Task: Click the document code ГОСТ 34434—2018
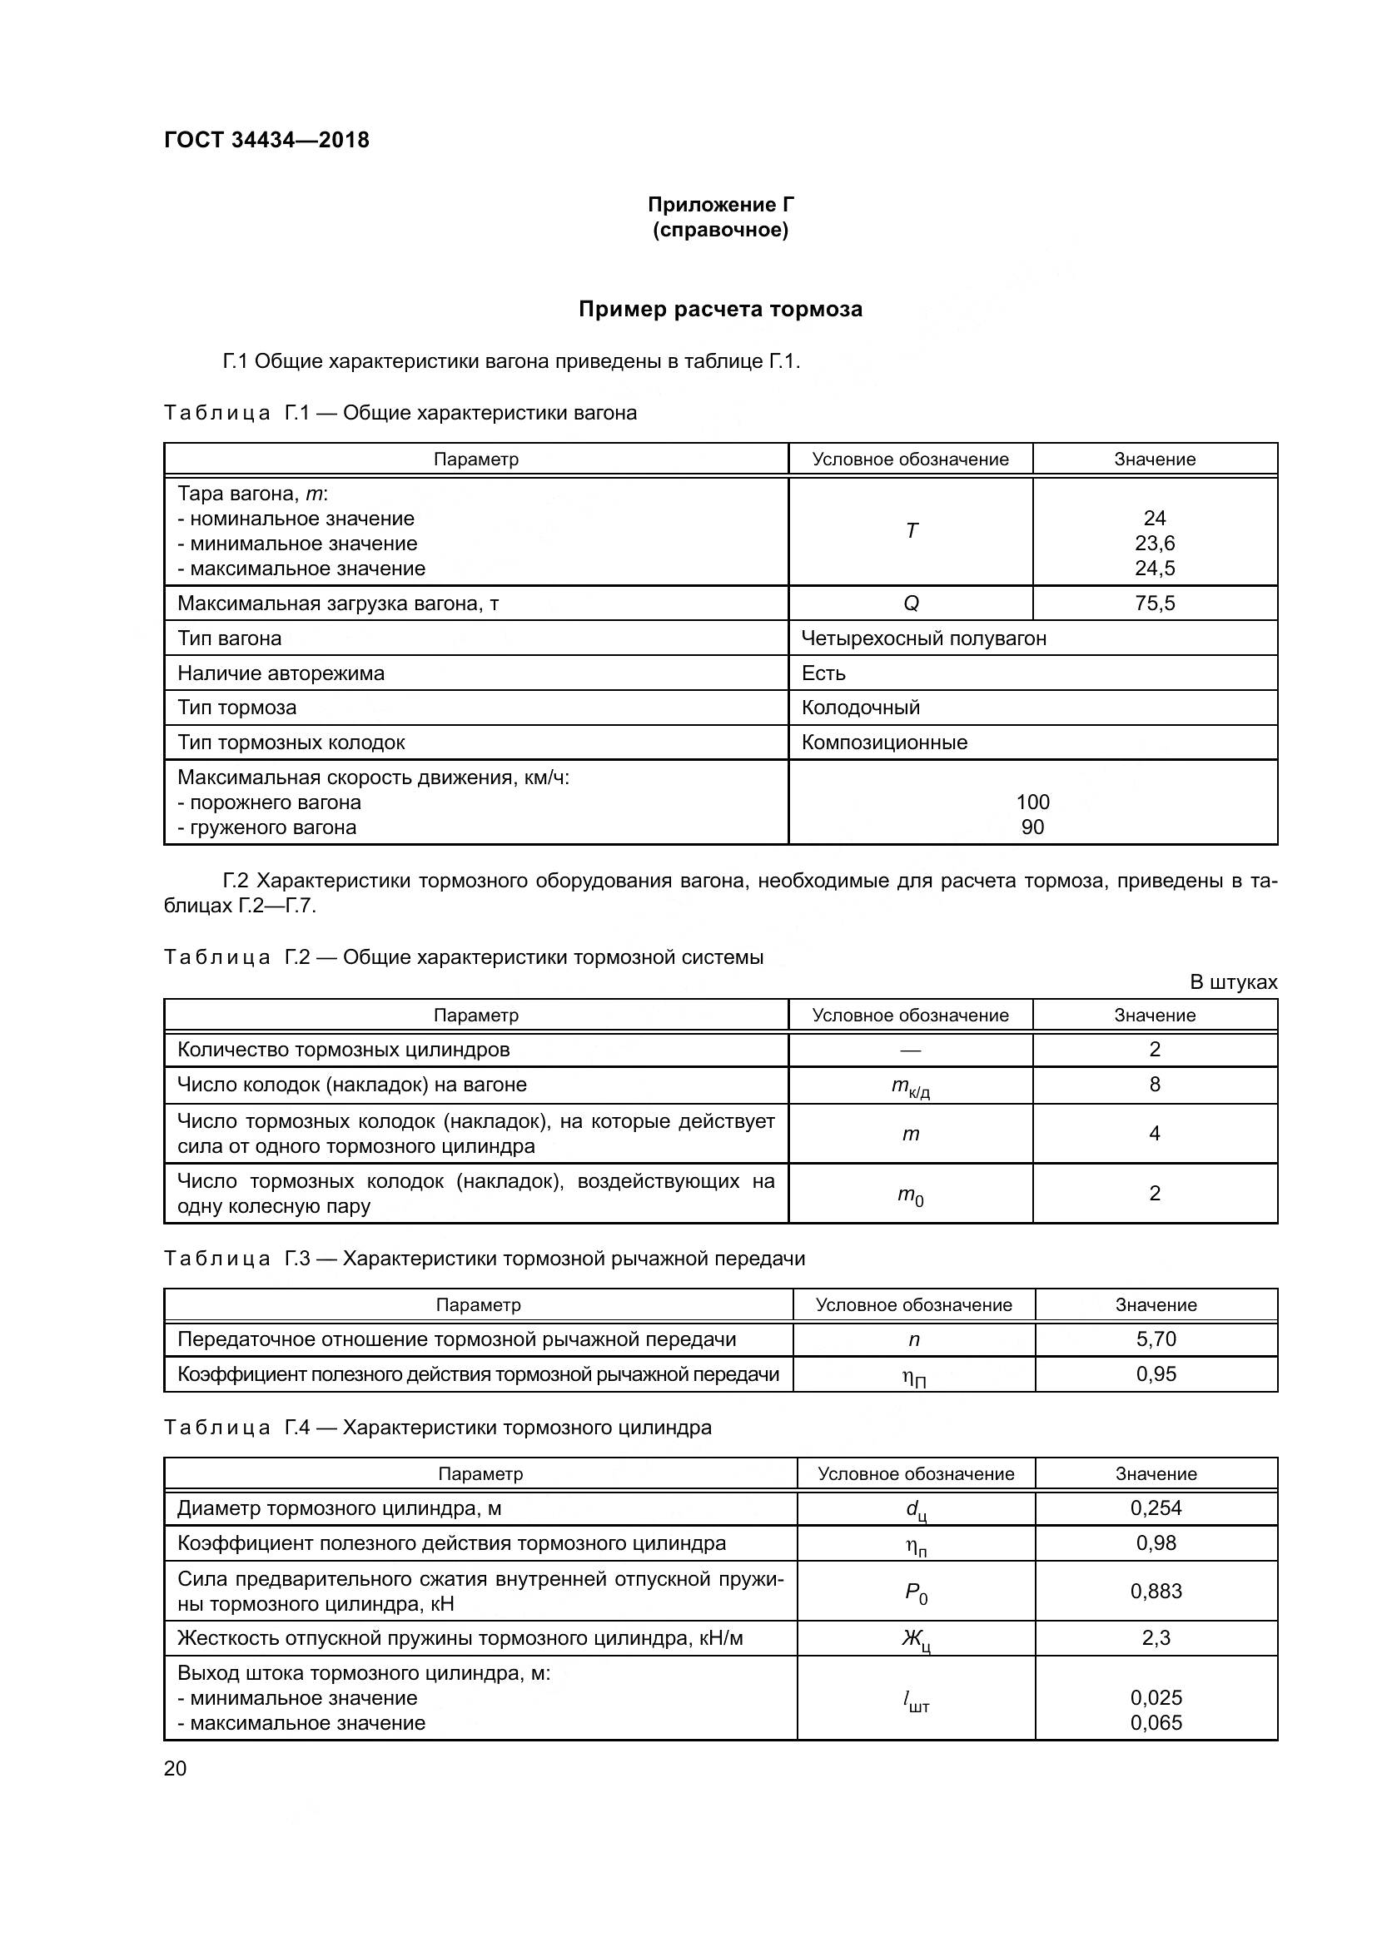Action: coord(266,140)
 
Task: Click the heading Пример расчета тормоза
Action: coord(720,310)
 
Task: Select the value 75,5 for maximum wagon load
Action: coord(1154,603)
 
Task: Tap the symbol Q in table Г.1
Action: coord(911,603)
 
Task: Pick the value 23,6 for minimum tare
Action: coord(1154,543)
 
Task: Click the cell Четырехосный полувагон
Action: coord(923,638)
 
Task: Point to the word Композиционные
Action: coord(883,742)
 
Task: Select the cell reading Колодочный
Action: coord(860,708)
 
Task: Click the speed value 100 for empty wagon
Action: coord(1032,802)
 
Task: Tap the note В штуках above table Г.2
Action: coord(1233,982)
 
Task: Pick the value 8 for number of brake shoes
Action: coord(1154,1084)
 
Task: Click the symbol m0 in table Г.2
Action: coord(911,1195)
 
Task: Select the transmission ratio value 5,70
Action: coord(1156,1339)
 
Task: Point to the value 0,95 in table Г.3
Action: coord(1156,1373)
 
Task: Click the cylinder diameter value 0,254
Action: coord(1156,1507)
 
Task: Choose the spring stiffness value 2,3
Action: coord(1156,1637)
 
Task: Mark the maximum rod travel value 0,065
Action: coord(1156,1722)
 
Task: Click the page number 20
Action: coord(175,1768)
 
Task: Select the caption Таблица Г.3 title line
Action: coord(484,1259)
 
